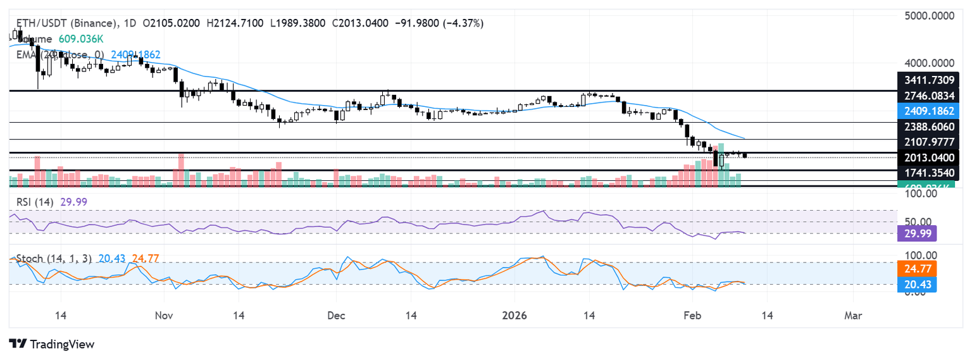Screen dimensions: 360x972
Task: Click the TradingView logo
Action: tap(52, 344)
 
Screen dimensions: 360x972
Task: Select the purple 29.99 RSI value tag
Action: tap(918, 233)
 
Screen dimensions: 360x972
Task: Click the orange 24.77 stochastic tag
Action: tap(918, 269)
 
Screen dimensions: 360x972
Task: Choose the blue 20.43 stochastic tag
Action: tap(918, 284)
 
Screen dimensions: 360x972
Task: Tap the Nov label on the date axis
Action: tap(164, 315)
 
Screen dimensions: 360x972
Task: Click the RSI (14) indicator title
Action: tap(36, 202)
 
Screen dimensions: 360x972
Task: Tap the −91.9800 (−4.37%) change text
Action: tap(438, 23)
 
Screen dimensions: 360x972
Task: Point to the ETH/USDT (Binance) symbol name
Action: tap(63, 23)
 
